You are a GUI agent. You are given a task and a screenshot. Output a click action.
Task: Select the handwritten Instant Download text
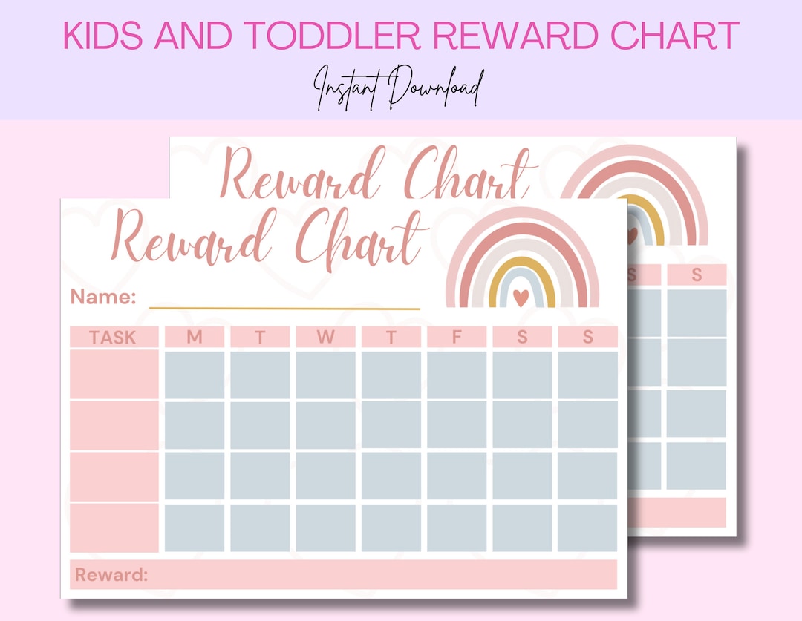click(x=400, y=88)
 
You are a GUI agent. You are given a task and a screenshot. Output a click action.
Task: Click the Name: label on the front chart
click(x=103, y=298)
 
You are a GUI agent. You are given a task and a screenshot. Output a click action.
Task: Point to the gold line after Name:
click(x=284, y=307)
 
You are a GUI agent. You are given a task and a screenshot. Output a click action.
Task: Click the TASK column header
click(x=114, y=338)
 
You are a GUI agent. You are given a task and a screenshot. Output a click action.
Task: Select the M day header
click(x=194, y=338)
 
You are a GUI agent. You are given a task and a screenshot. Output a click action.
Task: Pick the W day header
click(x=325, y=338)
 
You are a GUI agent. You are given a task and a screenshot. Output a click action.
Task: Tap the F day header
click(x=457, y=338)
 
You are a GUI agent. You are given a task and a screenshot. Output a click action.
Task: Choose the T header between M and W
click(x=260, y=338)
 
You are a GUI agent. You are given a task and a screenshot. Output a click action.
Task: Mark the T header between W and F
click(x=391, y=338)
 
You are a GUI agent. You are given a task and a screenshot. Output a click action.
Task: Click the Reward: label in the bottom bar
click(x=111, y=575)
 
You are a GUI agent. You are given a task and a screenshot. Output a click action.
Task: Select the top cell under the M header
click(x=194, y=375)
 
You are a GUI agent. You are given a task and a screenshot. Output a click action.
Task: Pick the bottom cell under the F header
click(x=457, y=528)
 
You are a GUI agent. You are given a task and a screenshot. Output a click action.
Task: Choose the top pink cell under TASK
click(x=114, y=375)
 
